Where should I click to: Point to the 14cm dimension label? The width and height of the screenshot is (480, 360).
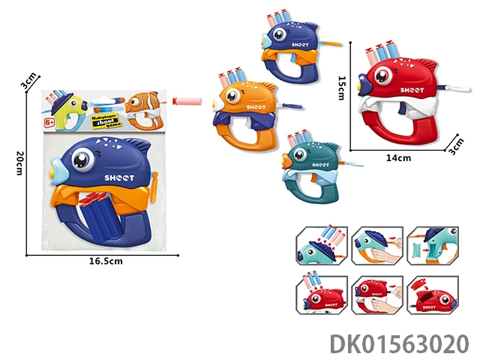click(x=398, y=157)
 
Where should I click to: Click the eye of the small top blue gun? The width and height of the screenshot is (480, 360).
click(x=273, y=33)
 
